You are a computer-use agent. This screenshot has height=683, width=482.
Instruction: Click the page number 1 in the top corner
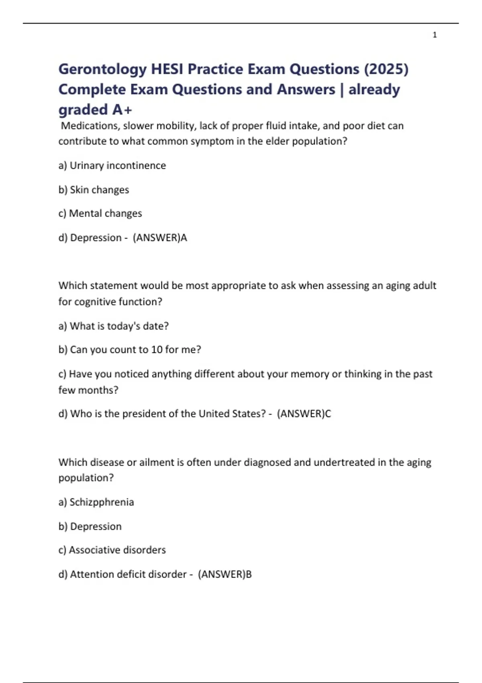point(435,35)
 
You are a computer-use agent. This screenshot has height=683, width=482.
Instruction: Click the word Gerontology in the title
point(102,69)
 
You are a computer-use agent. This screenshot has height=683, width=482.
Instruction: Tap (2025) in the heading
point(386,69)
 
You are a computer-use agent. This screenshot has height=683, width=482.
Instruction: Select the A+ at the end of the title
point(123,110)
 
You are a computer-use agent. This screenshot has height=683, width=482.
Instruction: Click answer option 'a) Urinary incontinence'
point(112,166)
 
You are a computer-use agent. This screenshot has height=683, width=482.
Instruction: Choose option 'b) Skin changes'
point(94,190)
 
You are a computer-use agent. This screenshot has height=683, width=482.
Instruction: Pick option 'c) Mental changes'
point(100,213)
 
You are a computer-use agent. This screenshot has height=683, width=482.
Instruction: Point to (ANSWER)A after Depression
point(160,238)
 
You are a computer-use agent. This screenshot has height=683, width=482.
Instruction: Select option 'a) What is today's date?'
point(113,326)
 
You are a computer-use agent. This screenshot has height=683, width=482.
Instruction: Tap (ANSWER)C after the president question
point(304,414)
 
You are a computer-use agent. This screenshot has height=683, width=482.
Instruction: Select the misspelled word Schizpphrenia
point(102,502)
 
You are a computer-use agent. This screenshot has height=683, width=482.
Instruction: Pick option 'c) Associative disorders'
point(112,550)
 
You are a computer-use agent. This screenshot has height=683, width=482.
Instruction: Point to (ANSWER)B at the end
point(225,575)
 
